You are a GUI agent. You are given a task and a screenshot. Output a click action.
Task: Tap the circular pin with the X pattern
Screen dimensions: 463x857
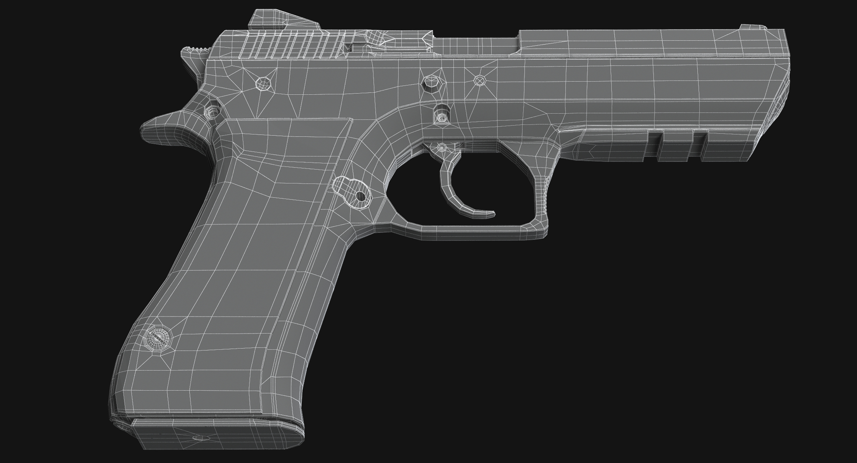click(480, 80)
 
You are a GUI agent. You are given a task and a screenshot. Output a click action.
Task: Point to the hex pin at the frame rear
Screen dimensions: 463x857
click(263, 83)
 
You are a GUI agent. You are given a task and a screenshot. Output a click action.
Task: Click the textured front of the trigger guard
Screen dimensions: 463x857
click(545, 196)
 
